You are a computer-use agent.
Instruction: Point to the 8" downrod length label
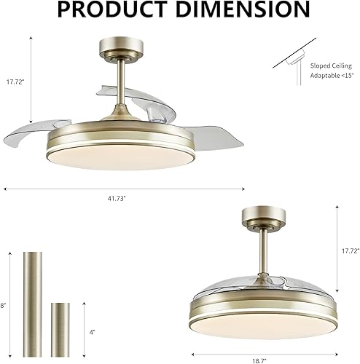pos(4,285)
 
